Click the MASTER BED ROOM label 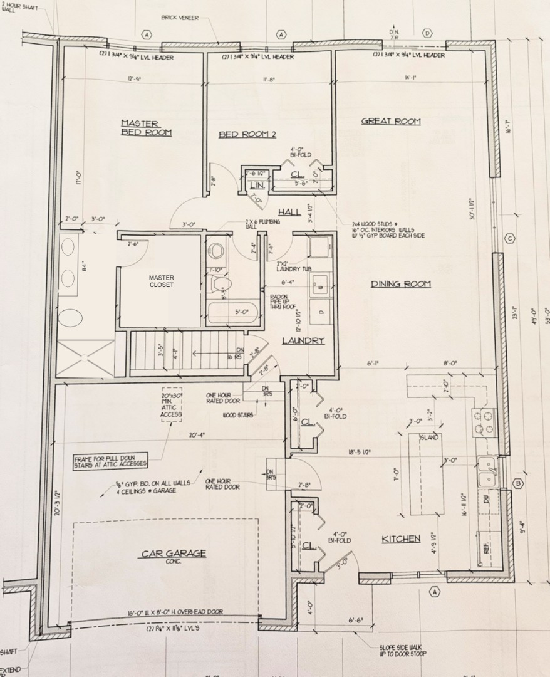(x=146, y=128)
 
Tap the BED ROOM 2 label (x=247, y=134)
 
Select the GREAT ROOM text (x=391, y=121)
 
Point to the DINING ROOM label (x=401, y=284)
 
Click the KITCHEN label (x=401, y=538)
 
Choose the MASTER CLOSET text (x=162, y=281)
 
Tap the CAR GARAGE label (x=174, y=554)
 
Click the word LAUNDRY (x=303, y=340)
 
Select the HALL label (x=289, y=212)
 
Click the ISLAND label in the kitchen (x=429, y=437)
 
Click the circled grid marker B (x=518, y=483)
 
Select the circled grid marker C (x=510, y=238)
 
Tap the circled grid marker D (x=428, y=33)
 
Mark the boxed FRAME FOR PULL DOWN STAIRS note (x=110, y=461)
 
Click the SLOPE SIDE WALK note (x=402, y=651)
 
